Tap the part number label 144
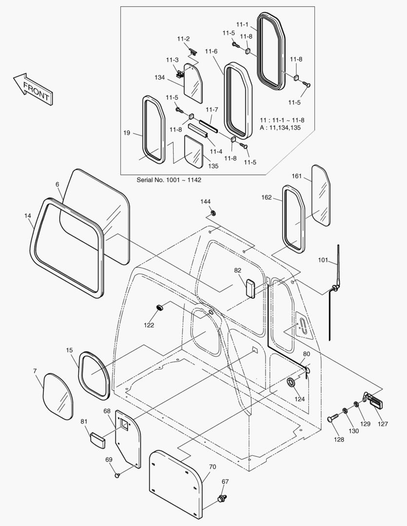205,201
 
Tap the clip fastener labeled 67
223,498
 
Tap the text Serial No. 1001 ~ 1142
169,180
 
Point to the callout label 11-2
183,39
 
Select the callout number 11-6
211,52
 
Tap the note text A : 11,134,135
283,128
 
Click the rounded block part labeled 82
250,288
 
